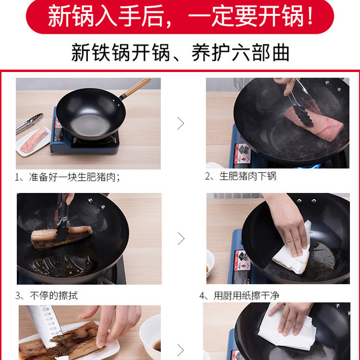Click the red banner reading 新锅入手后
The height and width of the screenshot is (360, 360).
pyautogui.click(x=180, y=16)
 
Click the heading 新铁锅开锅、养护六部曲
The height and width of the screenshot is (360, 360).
pyautogui.click(x=180, y=52)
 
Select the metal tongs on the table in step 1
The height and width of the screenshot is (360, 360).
pyautogui.click(x=29, y=123)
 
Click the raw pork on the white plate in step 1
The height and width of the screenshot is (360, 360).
pyautogui.click(x=34, y=140)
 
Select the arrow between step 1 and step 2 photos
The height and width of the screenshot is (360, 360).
pyautogui.click(x=181, y=123)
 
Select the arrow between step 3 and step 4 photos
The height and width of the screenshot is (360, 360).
pyautogui.click(x=181, y=238)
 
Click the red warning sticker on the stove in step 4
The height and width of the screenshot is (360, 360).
pyautogui.click(x=241, y=260)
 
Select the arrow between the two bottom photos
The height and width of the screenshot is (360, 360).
pyautogui.click(x=181, y=350)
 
